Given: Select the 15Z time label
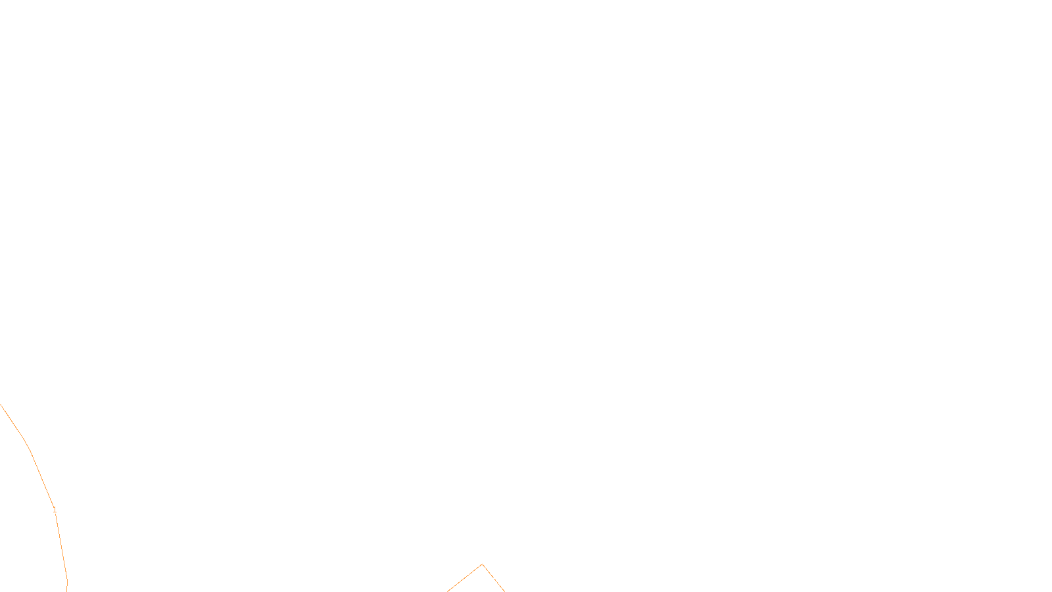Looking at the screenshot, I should pos(498,581).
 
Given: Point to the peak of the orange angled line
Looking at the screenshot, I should pos(482,564).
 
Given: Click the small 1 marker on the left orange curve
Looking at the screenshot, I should pos(55,510).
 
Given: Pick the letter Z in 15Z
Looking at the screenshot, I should pos(503,581).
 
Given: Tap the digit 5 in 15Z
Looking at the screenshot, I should pos(498,581).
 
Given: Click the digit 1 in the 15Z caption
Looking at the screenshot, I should pos(494,581).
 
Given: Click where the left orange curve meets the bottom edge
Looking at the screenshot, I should pos(67,591).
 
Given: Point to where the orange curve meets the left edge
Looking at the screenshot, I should pos(1,404).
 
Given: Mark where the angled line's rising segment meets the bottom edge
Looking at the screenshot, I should pos(448,591).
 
